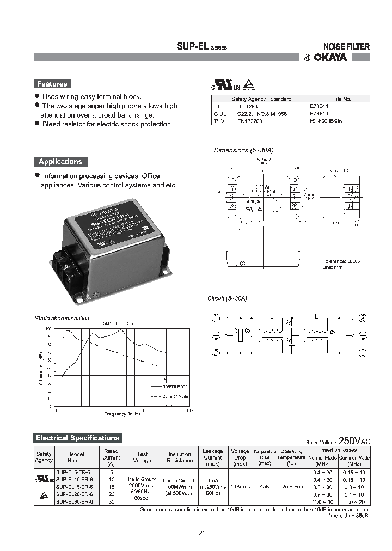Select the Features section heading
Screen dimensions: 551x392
point(52,84)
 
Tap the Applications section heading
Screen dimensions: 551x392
point(60,162)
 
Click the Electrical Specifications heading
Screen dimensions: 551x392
point(77,438)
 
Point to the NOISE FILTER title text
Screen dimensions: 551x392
point(346,47)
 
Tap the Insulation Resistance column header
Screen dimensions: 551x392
point(179,457)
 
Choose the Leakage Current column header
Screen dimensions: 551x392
point(212,457)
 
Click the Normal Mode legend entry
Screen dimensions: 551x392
point(175,385)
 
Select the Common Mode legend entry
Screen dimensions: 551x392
point(175,396)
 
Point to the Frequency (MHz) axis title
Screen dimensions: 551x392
point(122,414)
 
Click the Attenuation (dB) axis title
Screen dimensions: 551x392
point(41,369)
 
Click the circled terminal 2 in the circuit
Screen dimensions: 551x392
point(216,353)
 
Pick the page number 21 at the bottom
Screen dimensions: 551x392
point(201,533)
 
